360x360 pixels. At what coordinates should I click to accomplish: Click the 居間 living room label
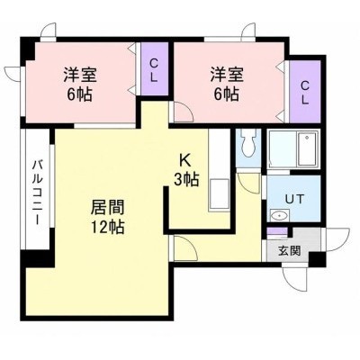click(x=107, y=207)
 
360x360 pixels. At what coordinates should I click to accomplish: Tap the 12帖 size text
click(x=108, y=227)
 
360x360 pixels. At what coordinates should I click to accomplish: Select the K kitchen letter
click(x=184, y=160)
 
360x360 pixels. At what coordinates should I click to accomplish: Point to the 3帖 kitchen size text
click(x=186, y=179)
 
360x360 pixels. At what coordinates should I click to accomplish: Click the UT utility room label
click(x=294, y=199)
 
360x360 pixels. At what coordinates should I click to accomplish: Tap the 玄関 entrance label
click(x=289, y=250)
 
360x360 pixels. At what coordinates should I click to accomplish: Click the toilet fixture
click(x=247, y=143)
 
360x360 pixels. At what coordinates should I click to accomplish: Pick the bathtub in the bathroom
click(x=307, y=149)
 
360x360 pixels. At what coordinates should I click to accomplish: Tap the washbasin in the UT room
click(x=280, y=215)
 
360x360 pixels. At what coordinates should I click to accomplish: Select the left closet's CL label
click(x=154, y=71)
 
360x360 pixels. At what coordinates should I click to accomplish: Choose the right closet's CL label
click(x=305, y=93)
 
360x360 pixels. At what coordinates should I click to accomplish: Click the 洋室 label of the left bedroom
click(x=80, y=75)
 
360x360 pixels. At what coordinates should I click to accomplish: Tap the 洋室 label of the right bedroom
click(x=227, y=75)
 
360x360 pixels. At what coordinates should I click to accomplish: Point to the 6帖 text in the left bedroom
click(x=79, y=94)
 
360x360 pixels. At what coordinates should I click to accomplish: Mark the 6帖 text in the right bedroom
click(x=227, y=94)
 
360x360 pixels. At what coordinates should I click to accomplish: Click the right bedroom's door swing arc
click(x=187, y=108)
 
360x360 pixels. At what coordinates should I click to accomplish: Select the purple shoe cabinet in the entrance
click(x=277, y=232)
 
